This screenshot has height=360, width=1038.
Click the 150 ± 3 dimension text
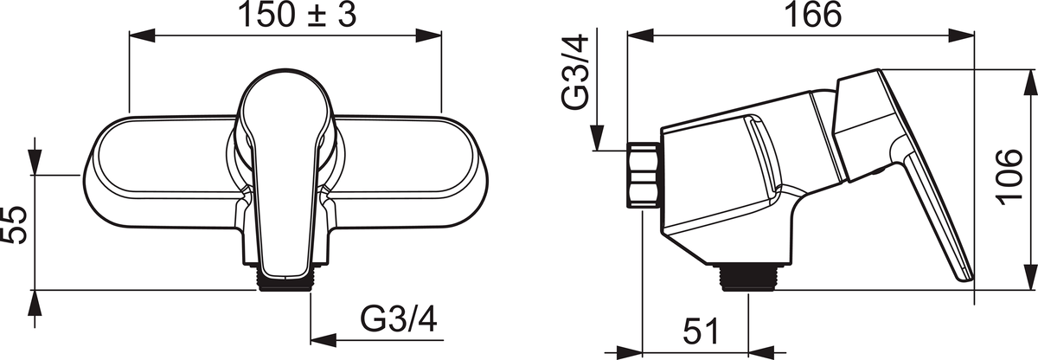297,15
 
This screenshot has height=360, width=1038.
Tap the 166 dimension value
812,14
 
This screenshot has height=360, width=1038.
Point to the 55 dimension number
15,226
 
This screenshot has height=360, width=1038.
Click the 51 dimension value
700,331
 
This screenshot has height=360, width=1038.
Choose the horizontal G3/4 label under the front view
399,319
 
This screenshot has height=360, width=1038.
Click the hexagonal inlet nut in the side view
644,175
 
